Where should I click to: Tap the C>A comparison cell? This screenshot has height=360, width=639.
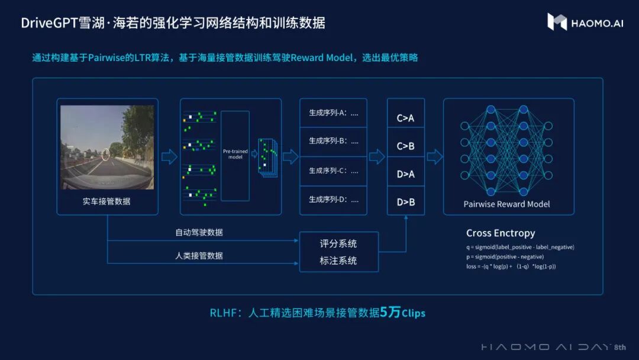click(x=405, y=118)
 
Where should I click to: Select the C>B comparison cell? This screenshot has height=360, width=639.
click(x=405, y=146)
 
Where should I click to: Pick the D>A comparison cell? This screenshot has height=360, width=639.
click(x=405, y=173)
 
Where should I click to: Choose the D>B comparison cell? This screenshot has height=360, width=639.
click(x=405, y=202)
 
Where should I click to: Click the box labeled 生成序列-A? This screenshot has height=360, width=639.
click(x=333, y=112)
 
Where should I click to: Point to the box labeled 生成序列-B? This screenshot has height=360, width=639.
click(x=333, y=141)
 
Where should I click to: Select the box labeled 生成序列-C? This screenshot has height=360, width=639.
click(x=333, y=171)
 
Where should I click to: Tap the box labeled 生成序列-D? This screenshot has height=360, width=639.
click(x=333, y=200)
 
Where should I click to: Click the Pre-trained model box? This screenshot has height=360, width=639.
click(x=235, y=155)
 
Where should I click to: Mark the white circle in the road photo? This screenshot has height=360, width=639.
click(x=105, y=155)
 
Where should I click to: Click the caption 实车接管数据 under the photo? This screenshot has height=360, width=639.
click(x=106, y=201)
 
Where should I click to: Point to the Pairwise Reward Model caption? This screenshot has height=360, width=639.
click(x=506, y=204)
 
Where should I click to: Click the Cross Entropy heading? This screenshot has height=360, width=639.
click(x=500, y=233)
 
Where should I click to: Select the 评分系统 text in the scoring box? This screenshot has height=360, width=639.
click(x=338, y=244)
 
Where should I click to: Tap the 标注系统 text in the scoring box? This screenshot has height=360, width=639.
click(x=338, y=261)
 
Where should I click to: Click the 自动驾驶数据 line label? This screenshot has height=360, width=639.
click(x=199, y=233)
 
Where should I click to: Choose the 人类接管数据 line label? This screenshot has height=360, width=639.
click(x=199, y=256)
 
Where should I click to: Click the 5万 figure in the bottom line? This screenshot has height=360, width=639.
click(x=390, y=312)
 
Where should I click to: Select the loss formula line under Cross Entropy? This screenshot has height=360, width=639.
click(x=511, y=266)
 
